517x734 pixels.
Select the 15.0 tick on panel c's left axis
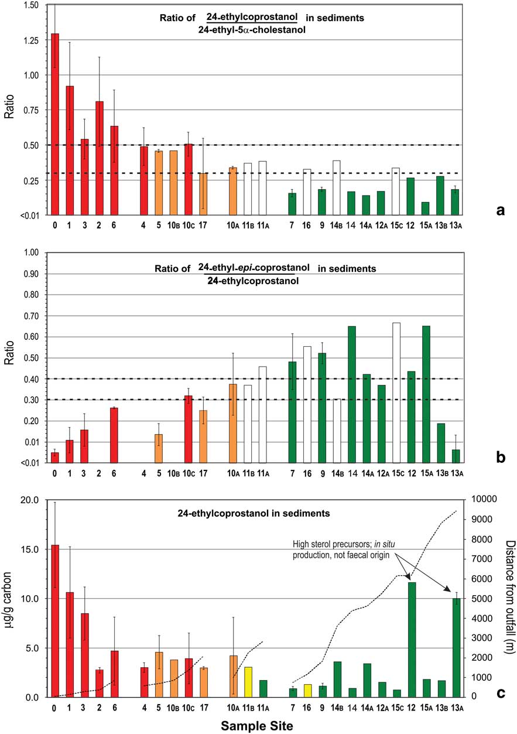pyautogui.click(x=36, y=549)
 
